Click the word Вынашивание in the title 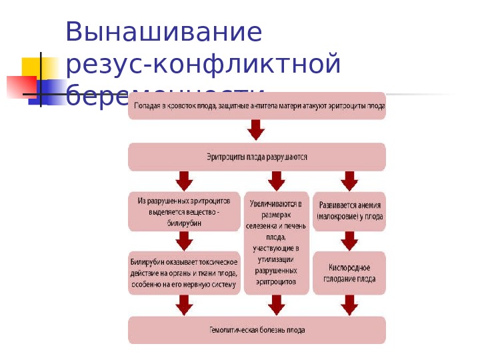pyautogui.click(x=163, y=32)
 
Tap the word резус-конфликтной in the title pyautogui.click(x=203, y=65)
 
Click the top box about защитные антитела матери pyautogui.click(x=257, y=106)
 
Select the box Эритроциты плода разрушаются pyautogui.click(x=257, y=157)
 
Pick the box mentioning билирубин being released pyautogui.click(x=184, y=212)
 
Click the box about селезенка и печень pyautogui.click(x=276, y=243)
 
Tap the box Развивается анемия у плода pyautogui.click(x=349, y=211)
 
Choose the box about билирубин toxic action pyautogui.click(x=184, y=273)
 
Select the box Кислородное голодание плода pyautogui.click(x=349, y=273)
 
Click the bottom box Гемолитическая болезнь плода pyautogui.click(x=257, y=330)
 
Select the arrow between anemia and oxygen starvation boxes pyautogui.click(x=349, y=241)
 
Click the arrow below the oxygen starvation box pyautogui.click(x=349, y=305)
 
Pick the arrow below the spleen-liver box pyautogui.click(x=276, y=305)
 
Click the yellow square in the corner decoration pyautogui.click(x=31, y=67)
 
